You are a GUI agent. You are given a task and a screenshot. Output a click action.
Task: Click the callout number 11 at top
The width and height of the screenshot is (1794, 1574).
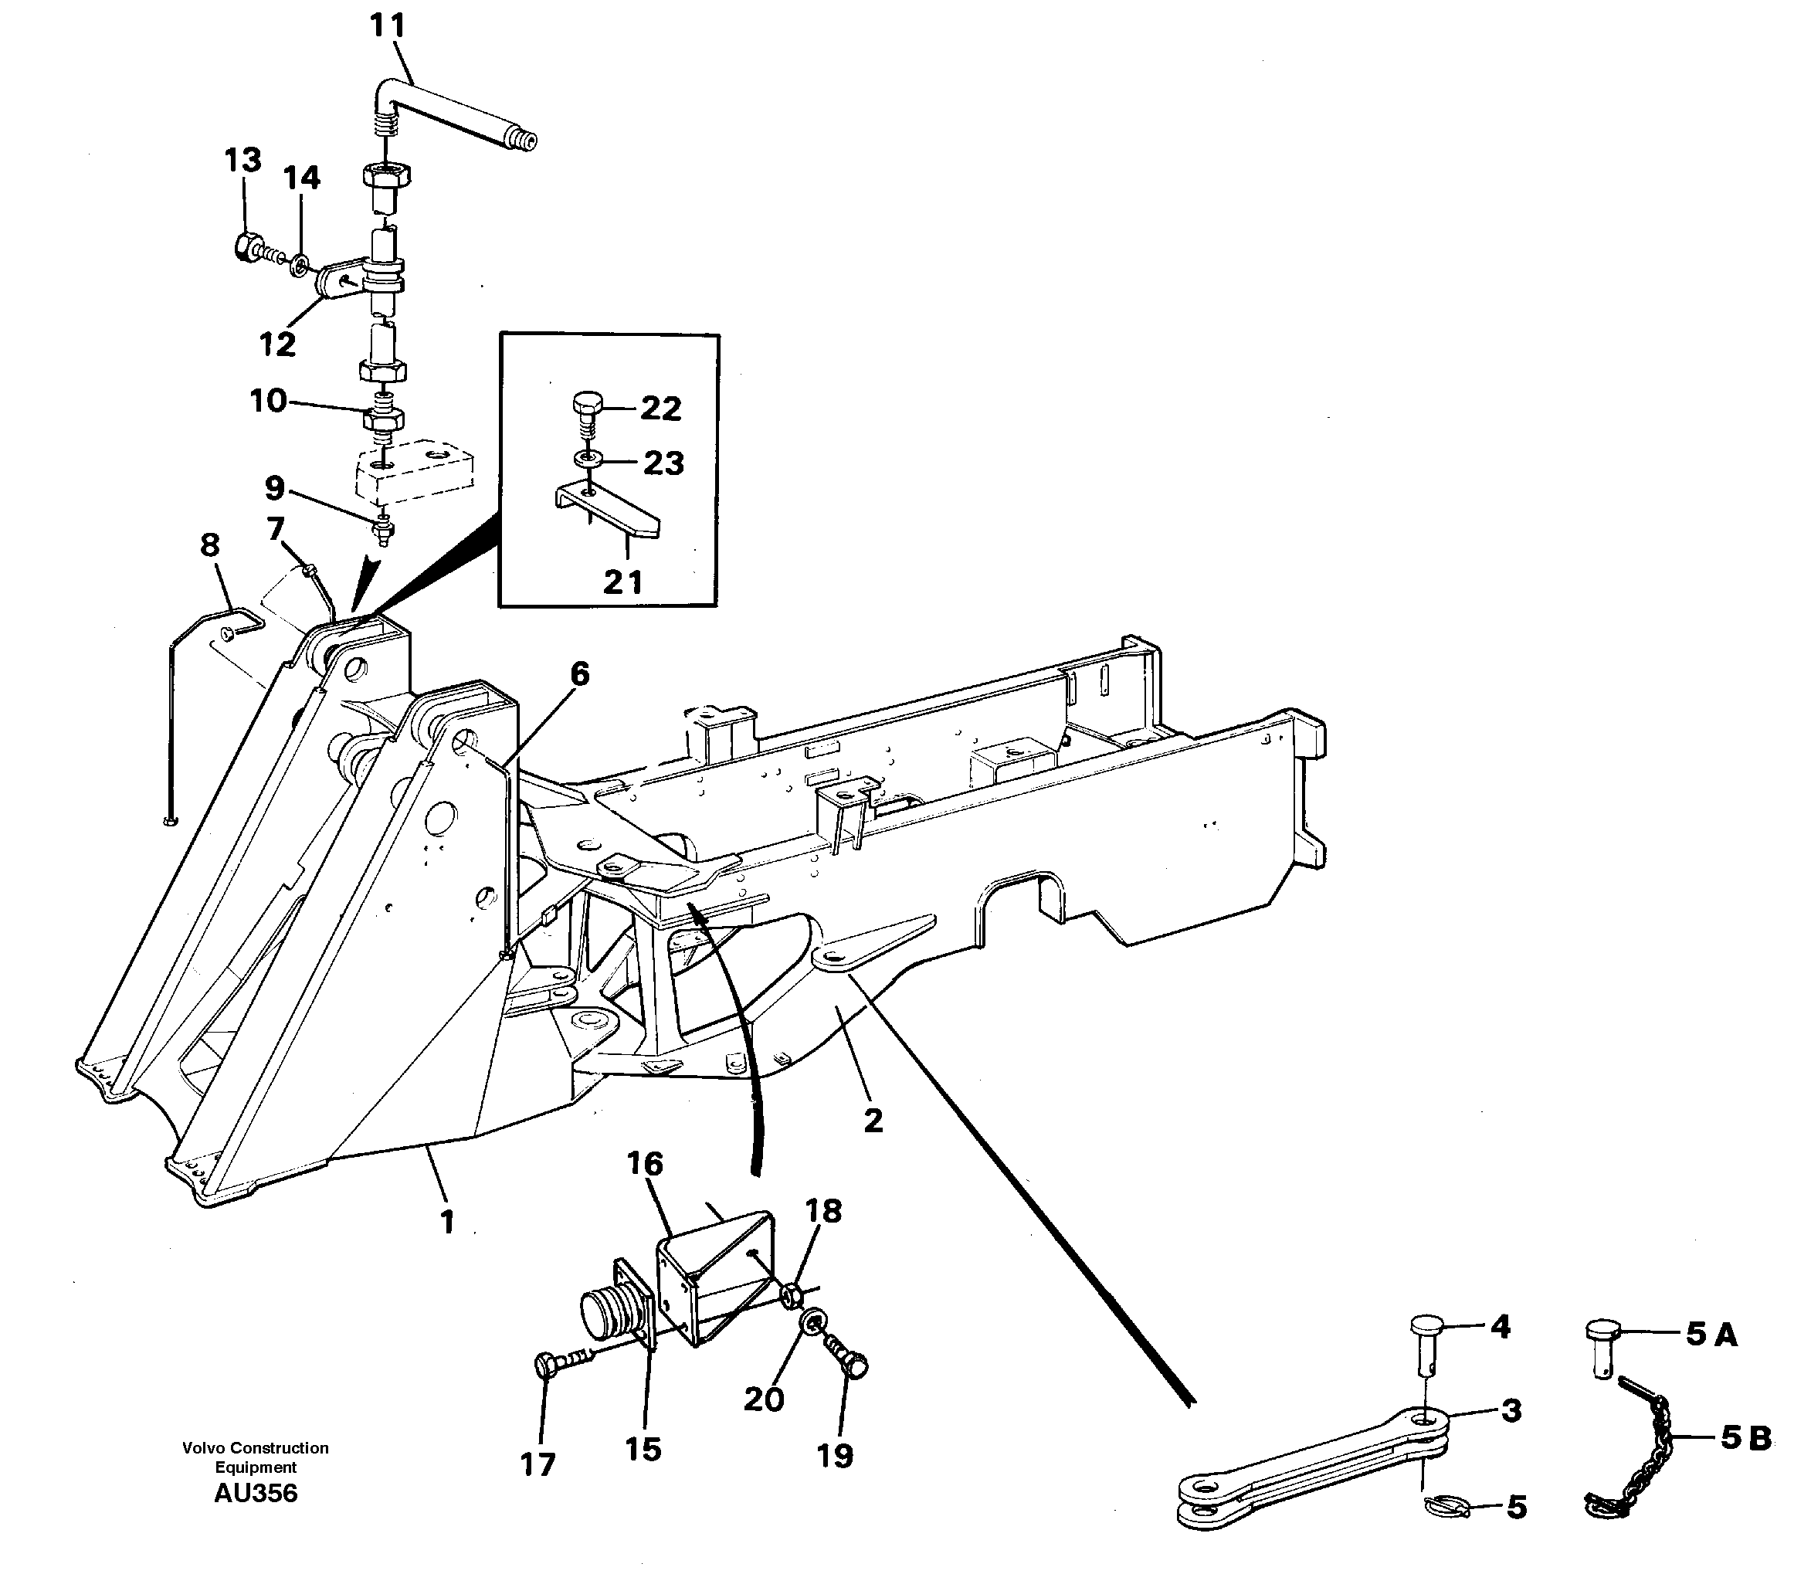386,25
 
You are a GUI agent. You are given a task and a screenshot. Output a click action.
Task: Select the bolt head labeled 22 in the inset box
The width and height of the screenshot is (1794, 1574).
587,405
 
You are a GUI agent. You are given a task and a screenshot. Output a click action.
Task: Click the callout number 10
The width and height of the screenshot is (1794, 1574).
268,400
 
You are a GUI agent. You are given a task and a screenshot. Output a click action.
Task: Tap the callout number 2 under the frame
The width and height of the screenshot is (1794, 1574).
873,1120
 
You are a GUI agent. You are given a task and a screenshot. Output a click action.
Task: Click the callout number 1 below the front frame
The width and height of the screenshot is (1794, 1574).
446,1221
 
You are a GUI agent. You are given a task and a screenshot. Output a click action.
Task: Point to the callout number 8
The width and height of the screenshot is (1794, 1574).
209,545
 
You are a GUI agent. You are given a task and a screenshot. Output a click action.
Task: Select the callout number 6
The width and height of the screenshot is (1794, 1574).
579,674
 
